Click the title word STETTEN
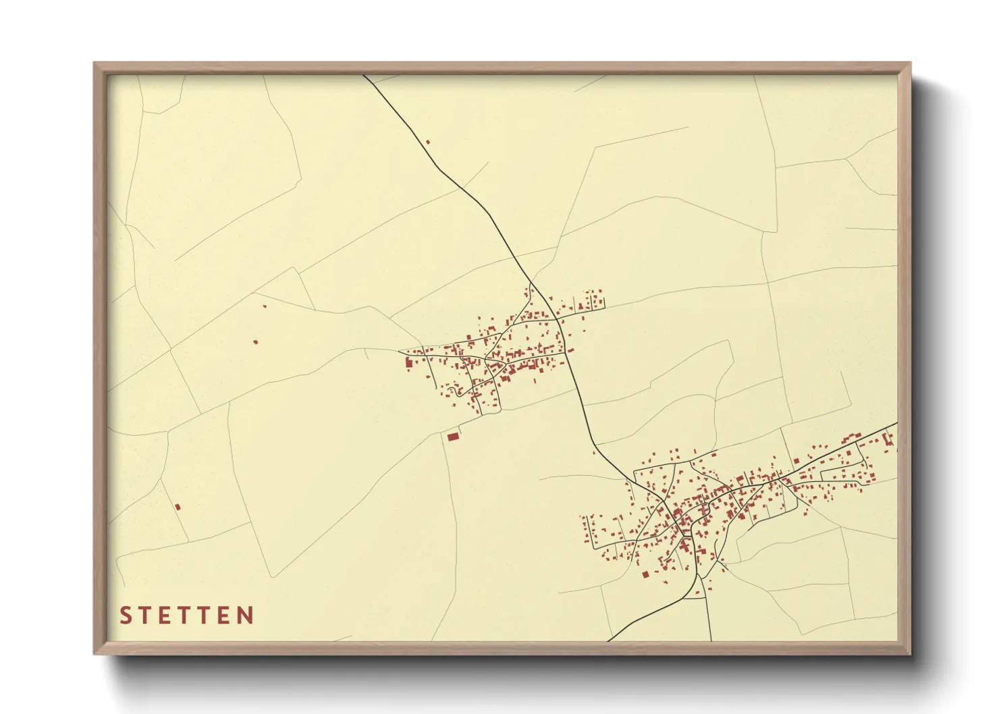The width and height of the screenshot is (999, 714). [186, 615]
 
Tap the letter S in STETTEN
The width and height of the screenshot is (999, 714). [125, 615]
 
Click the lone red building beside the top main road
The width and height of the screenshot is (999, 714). [427, 142]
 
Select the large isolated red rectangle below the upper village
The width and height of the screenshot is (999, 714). [453, 437]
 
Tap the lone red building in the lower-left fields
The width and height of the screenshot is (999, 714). [178, 506]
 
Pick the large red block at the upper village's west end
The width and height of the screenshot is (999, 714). [408, 364]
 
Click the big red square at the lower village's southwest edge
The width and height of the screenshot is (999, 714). [645, 574]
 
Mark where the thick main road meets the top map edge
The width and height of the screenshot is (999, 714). [364, 76]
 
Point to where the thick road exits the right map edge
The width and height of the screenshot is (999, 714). [896, 424]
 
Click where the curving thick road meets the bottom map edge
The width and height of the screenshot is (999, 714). [609, 640]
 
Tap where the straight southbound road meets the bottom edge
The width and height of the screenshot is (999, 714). [711, 640]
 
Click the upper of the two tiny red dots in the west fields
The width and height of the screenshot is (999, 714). [265, 306]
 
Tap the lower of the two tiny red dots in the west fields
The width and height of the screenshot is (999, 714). [255, 342]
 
